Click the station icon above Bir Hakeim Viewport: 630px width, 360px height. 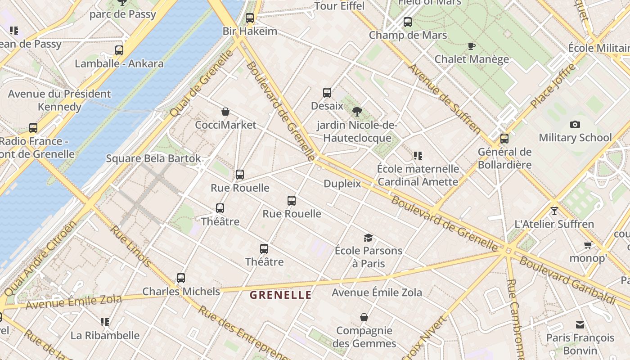[x=250, y=18]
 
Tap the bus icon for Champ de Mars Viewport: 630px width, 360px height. [x=408, y=22]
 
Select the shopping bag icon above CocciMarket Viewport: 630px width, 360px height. [x=225, y=112]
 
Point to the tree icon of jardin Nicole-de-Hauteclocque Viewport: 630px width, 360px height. [x=357, y=111]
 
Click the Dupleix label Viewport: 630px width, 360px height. [x=342, y=184]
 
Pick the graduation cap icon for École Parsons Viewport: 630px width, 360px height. [x=369, y=238]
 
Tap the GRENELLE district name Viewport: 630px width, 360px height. [x=280, y=295]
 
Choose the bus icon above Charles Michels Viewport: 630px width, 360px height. [x=181, y=278]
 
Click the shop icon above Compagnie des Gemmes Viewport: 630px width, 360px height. [x=364, y=318]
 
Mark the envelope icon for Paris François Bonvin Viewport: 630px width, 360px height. [x=580, y=325]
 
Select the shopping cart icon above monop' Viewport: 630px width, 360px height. [x=588, y=245]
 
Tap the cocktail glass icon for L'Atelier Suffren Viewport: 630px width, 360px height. [x=554, y=211]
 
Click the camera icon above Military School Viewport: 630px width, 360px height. [x=575, y=125]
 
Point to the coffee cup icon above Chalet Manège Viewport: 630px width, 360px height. [x=471, y=46]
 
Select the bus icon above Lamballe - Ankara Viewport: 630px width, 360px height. [x=119, y=50]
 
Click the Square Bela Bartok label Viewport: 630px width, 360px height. [x=153, y=158]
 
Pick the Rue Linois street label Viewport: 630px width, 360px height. [x=131, y=246]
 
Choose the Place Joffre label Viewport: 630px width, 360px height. [x=553, y=85]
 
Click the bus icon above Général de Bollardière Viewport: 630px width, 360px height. [x=504, y=139]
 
